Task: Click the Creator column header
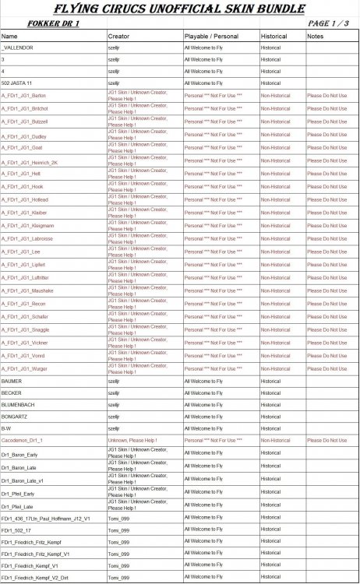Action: [118, 37]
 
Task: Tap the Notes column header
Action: [316, 37]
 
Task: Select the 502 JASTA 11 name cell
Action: [16, 82]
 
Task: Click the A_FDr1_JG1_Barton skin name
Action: [23, 95]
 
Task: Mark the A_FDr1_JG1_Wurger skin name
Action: [24, 368]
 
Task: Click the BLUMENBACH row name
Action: [17, 405]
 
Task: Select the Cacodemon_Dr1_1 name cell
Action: [22, 440]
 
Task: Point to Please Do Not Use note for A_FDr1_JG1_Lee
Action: [327, 252]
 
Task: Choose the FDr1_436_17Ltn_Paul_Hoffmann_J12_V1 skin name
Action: [45, 518]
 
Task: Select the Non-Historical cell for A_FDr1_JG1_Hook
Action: [277, 187]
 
